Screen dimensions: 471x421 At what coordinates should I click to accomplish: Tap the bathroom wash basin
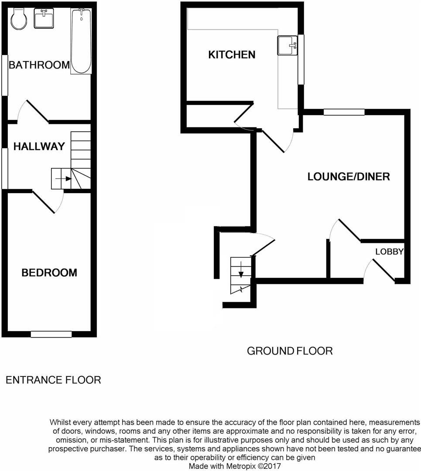[44, 18]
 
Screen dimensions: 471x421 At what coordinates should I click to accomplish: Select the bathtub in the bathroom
[82, 41]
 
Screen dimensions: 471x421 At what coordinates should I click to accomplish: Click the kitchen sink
[287, 45]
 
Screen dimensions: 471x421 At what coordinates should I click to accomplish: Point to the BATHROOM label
[39, 65]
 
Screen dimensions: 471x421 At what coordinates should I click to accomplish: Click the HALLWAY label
[39, 147]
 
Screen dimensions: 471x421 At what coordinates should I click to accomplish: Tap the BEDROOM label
[49, 273]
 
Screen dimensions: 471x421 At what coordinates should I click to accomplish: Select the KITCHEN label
[232, 55]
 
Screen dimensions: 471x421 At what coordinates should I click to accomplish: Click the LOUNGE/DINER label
[349, 177]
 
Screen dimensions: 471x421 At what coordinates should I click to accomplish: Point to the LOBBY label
[389, 252]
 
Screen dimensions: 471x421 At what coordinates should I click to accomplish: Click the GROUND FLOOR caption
[290, 351]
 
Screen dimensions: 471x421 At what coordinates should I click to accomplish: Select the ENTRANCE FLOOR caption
[53, 380]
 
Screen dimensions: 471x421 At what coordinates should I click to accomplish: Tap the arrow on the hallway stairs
[66, 178]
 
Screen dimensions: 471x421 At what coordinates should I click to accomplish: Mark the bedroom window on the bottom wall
[51, 334]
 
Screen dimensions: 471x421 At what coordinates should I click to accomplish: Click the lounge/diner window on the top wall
[344, 112]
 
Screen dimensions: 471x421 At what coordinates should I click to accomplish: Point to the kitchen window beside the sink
[301, 59]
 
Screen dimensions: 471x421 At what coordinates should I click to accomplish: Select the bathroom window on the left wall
[4, 75]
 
